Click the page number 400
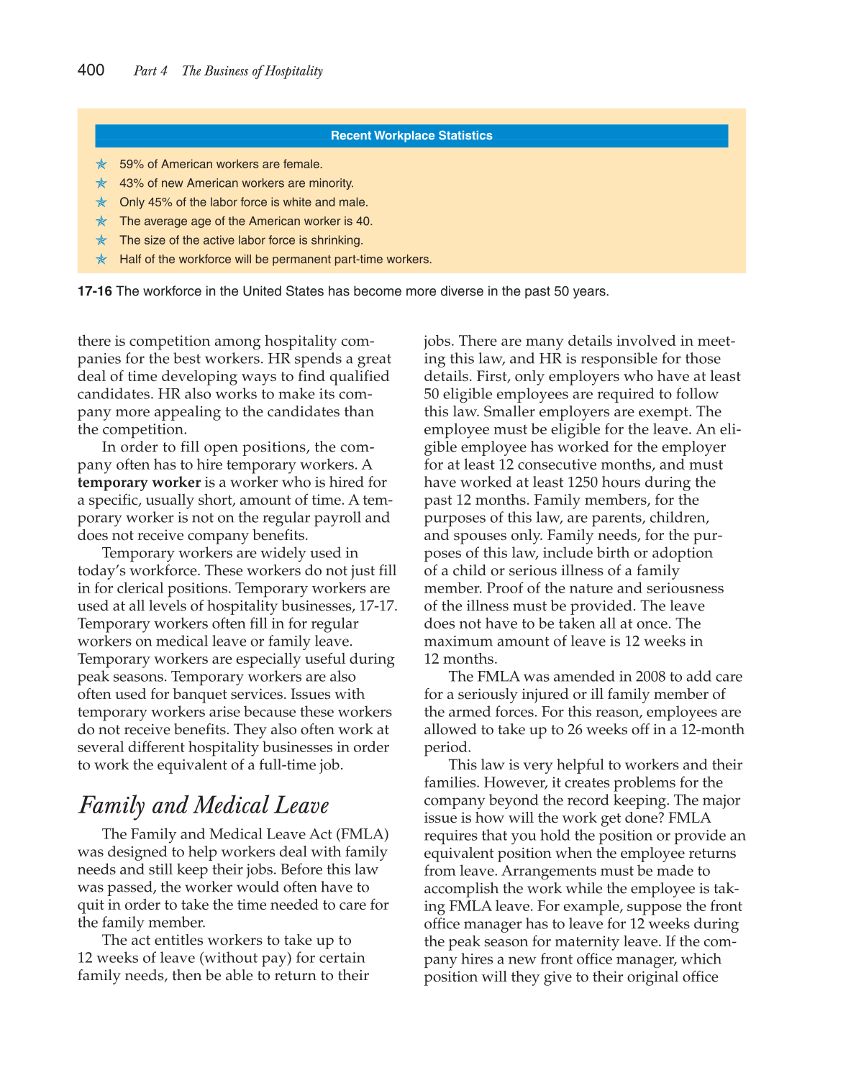(x=91, y=70)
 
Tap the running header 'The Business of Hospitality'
(x=252, y=71)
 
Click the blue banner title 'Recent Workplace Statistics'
(x=411, y=136)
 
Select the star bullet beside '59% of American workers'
(x=101, y=165)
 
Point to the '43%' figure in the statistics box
(x=132, y=183)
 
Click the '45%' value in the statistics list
(x=160, y=203)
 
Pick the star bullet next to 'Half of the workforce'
(x=101, y=260)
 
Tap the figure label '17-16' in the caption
(x=94, y=291)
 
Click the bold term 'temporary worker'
(x=139, y=483)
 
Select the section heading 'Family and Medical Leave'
(x=204, y=805)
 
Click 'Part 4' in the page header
(x=150, y=71)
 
